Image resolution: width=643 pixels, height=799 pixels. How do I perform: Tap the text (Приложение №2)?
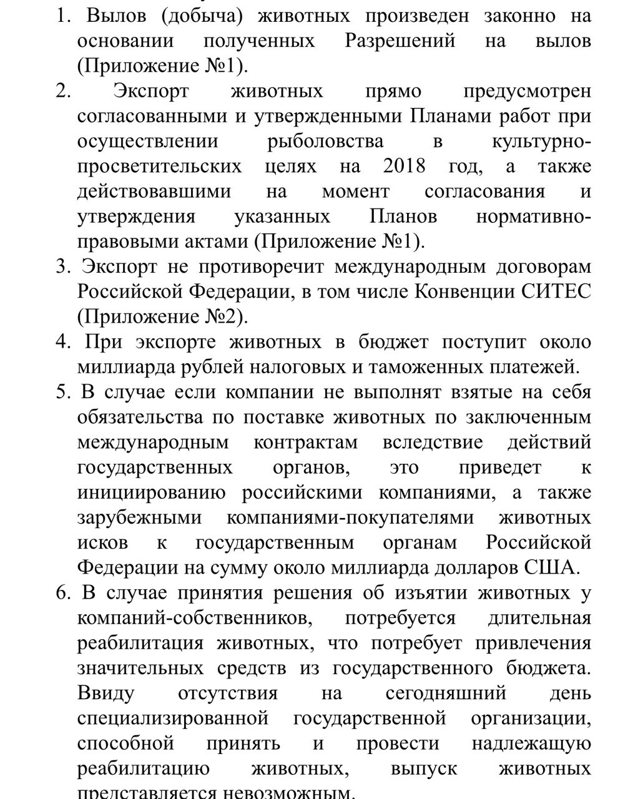162,316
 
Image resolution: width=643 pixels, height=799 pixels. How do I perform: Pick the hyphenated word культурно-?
541,142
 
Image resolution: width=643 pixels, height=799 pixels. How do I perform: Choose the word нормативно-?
533,217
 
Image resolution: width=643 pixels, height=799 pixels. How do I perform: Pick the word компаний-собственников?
193,618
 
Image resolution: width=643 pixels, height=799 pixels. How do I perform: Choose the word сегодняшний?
445,694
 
